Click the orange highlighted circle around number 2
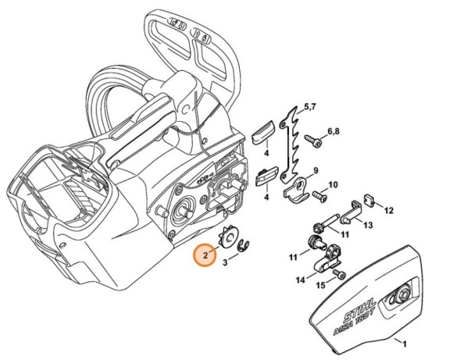pos(205,255)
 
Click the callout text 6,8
pos(333,131)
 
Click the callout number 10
pos(333,184)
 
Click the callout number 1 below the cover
pos(404,342)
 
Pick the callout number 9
pos(316,170)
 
